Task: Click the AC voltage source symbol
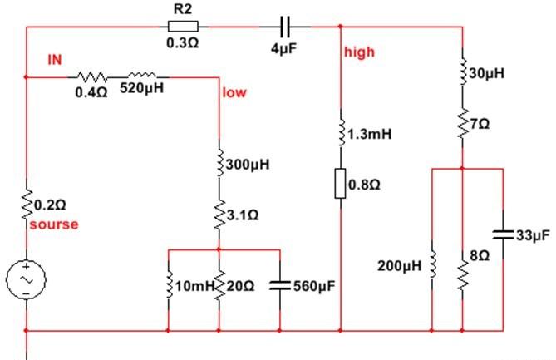pos(26,279)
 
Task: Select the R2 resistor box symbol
pos(183,27)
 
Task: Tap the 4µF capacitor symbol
pos(285,27)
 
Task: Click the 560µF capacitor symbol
pos(280,285)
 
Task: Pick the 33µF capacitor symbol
pos(503,234)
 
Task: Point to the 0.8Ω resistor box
pos(341,184)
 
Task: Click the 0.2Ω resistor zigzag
pos(27,205)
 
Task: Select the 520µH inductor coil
pos(142,75)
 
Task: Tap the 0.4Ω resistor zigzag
pos(91,76)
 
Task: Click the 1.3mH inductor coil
pos(342,133)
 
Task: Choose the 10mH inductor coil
pos(170,285)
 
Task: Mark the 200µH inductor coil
pos(433,265)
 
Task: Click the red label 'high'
pos(359,52)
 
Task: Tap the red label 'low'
pos(234,92)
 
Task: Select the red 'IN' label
pos(55,60)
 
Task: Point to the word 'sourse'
pos(54,224)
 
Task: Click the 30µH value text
pos(486,73)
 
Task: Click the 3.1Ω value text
pos(243,215)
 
